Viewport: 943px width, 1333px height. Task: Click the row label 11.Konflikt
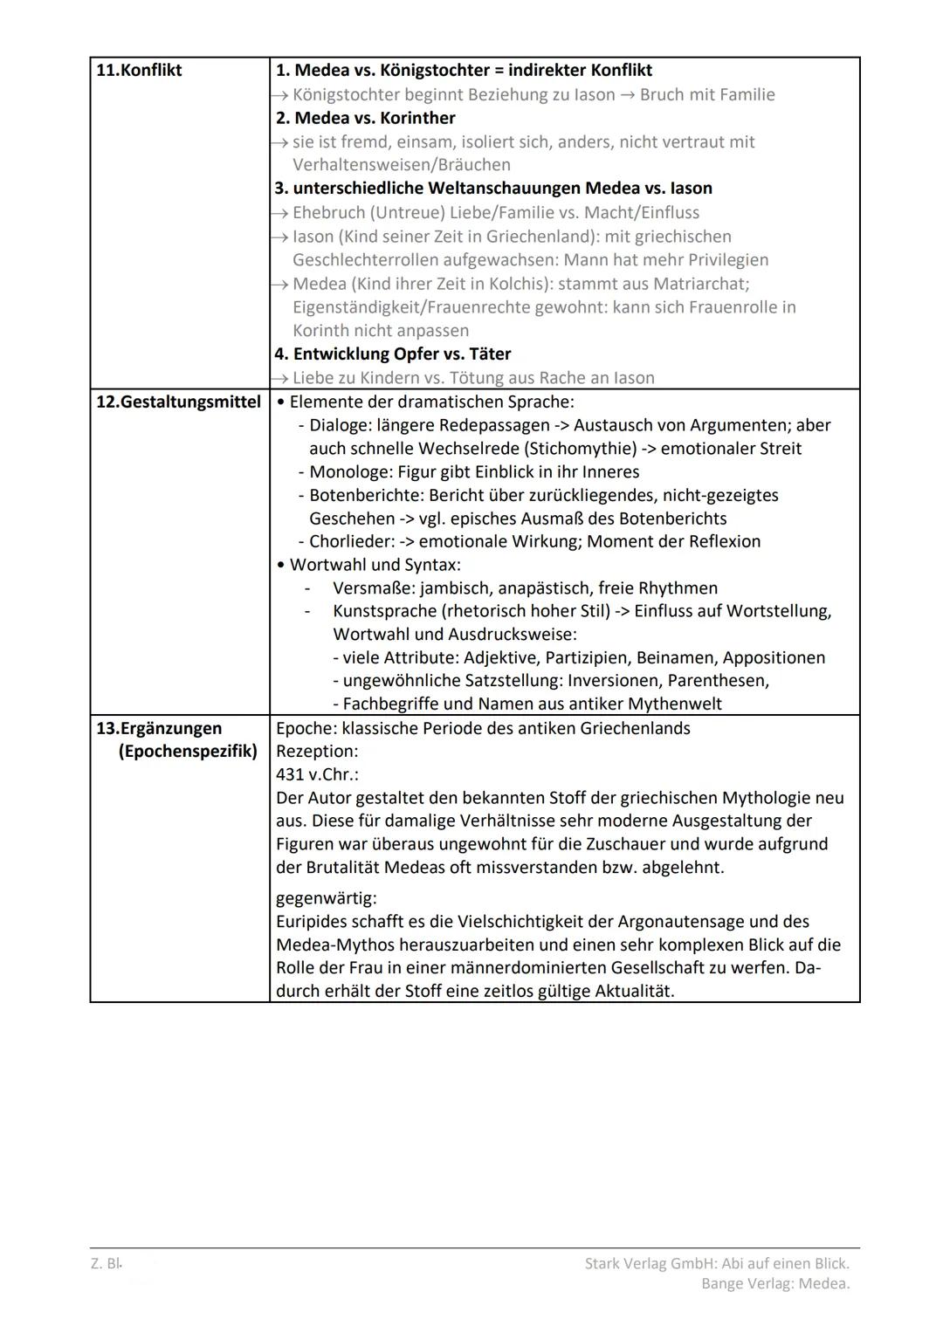(138, 71)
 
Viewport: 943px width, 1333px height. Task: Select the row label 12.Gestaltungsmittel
(178, 402)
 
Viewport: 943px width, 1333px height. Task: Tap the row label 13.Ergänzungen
(159, 729)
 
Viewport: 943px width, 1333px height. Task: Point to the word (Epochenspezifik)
(188, 752)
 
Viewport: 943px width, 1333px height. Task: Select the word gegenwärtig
(326, 898)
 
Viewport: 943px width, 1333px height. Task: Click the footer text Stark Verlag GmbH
(650, 1263)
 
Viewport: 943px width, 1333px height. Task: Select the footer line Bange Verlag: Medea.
(774, 1283)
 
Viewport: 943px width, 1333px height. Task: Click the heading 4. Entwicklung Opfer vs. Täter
(393, 354)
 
